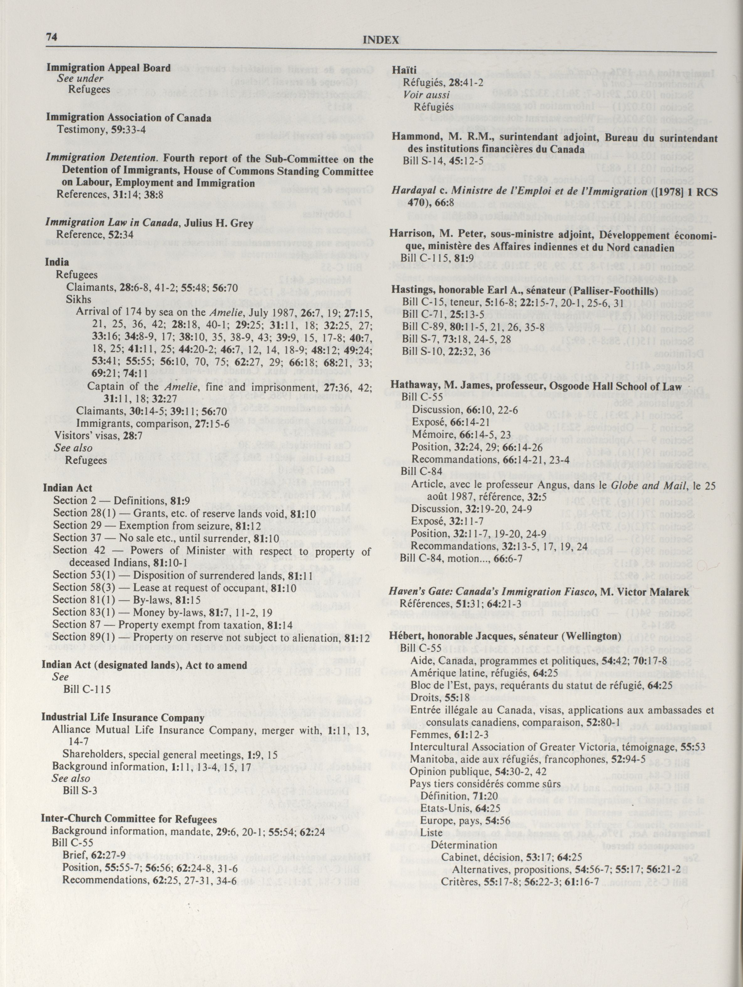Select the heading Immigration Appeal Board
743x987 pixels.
(109, 68)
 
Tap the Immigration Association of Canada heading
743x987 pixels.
(129, 118)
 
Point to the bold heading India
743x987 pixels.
(57, 262)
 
